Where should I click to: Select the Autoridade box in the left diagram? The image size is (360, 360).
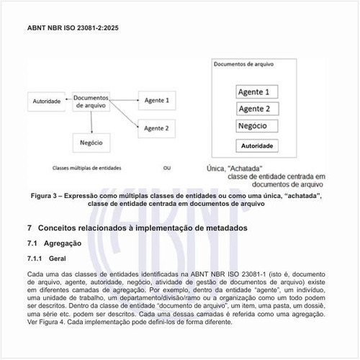point(47,102)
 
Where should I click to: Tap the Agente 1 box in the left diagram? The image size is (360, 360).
point(156,100)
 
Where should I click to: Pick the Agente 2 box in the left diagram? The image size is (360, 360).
point(156,128)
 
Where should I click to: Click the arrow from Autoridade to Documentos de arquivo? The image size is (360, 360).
point(68,102)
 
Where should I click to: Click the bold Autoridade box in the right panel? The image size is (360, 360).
point(257,145)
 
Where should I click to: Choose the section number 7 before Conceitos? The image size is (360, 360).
point(28,228)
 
